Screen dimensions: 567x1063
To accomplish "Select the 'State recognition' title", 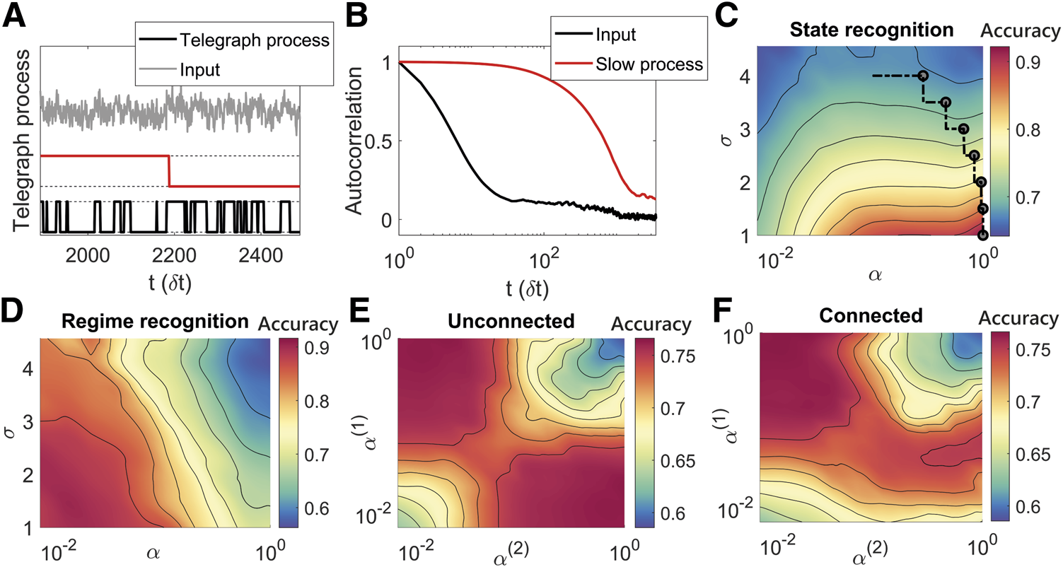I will pyautogui.click(x=868, y=31).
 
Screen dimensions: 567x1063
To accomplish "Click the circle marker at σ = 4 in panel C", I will pyautogui.click(x=922, y=76).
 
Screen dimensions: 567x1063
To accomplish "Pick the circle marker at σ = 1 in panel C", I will pyautogui.click(x=983, y=235).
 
